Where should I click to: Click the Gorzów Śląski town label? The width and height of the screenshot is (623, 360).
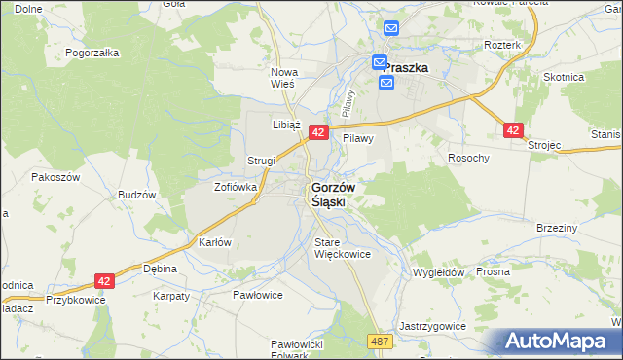(332, 194)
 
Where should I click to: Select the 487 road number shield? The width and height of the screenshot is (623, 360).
(381, 342)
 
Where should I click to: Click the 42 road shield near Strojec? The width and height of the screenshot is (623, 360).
(514, 129)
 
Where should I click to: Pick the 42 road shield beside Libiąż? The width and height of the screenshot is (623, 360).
(317, 131)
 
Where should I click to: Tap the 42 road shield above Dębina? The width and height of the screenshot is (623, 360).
(106, 280)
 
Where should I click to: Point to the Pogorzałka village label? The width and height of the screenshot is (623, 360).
(92, 54)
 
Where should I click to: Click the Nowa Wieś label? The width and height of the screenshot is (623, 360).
(283, 78)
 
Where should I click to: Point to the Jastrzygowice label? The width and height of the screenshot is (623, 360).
(432, 326)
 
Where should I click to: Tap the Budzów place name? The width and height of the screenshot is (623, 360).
(137, 195)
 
